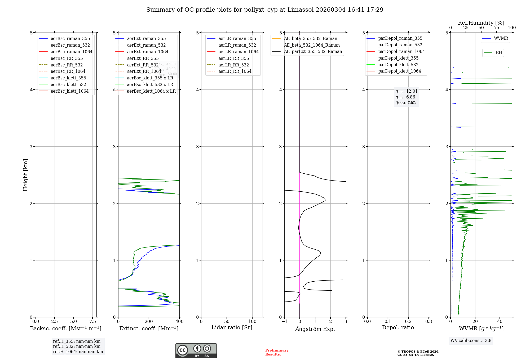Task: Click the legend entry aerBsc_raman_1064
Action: pos(72,52)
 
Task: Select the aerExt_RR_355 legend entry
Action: pos(143,58)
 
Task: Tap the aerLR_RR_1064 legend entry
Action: pos(235,71)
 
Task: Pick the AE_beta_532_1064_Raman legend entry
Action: pos(312,45)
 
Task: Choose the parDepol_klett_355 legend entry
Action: pos(398,58)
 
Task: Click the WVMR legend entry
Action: pos(501,38)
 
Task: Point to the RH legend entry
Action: pos(499,53)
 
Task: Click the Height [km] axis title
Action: pos(25,175)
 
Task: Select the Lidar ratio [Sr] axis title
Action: pos(232,327)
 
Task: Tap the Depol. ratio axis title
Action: pos(398,327)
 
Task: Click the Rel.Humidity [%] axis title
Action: pos(481,23)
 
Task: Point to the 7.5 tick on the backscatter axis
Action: pos(92,322)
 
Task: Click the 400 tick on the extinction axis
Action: pos(179,322)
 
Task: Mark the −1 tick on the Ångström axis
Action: pos(284,322)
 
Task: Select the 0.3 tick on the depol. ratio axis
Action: pos(429,322)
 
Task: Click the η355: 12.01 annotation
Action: pos(406,91)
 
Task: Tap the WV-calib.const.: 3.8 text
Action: pos(471,341)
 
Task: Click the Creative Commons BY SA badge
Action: pos(196,351)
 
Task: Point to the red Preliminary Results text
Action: pos(277,352)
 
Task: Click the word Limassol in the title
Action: pos(301,10)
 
